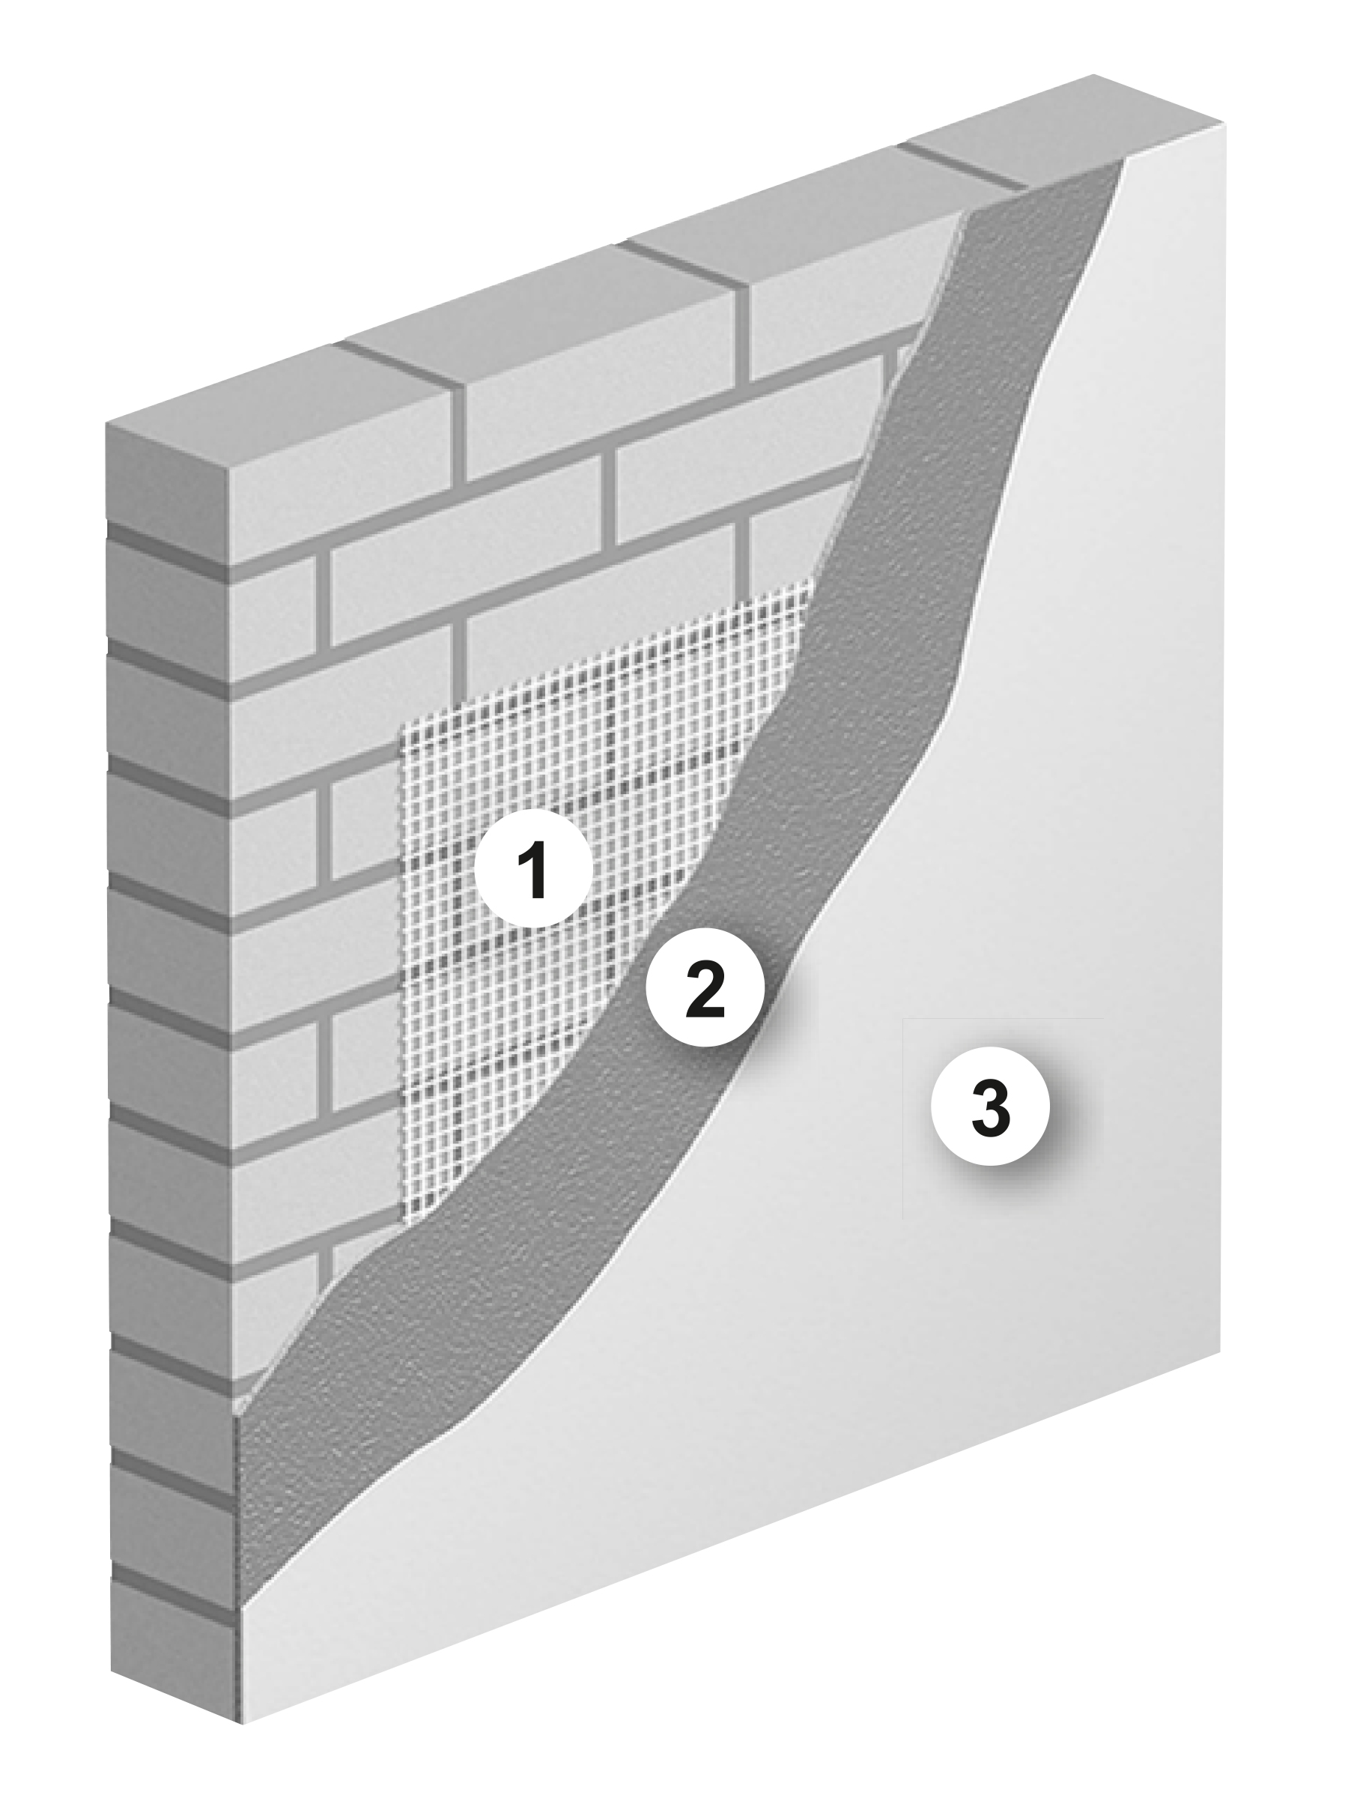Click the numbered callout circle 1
[x=534, y=868]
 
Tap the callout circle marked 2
[x=705, y=985]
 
